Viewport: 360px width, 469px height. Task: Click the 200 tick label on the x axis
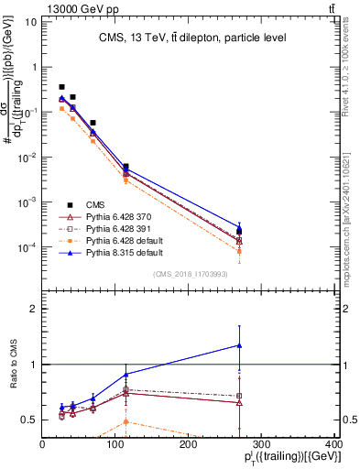click(x=189, y=444)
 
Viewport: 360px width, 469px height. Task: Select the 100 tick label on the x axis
click(x=115, y=444)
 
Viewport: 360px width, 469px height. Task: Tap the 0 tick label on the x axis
click(x=42, y=444)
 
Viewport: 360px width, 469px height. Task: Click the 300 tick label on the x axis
click(x=261, y=444)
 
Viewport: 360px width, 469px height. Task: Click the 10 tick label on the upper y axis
click(x=29, y=22)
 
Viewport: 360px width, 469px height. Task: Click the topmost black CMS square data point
click(x=61, y=87)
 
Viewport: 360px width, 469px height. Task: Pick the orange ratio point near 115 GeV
click(x=126, y=421)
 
